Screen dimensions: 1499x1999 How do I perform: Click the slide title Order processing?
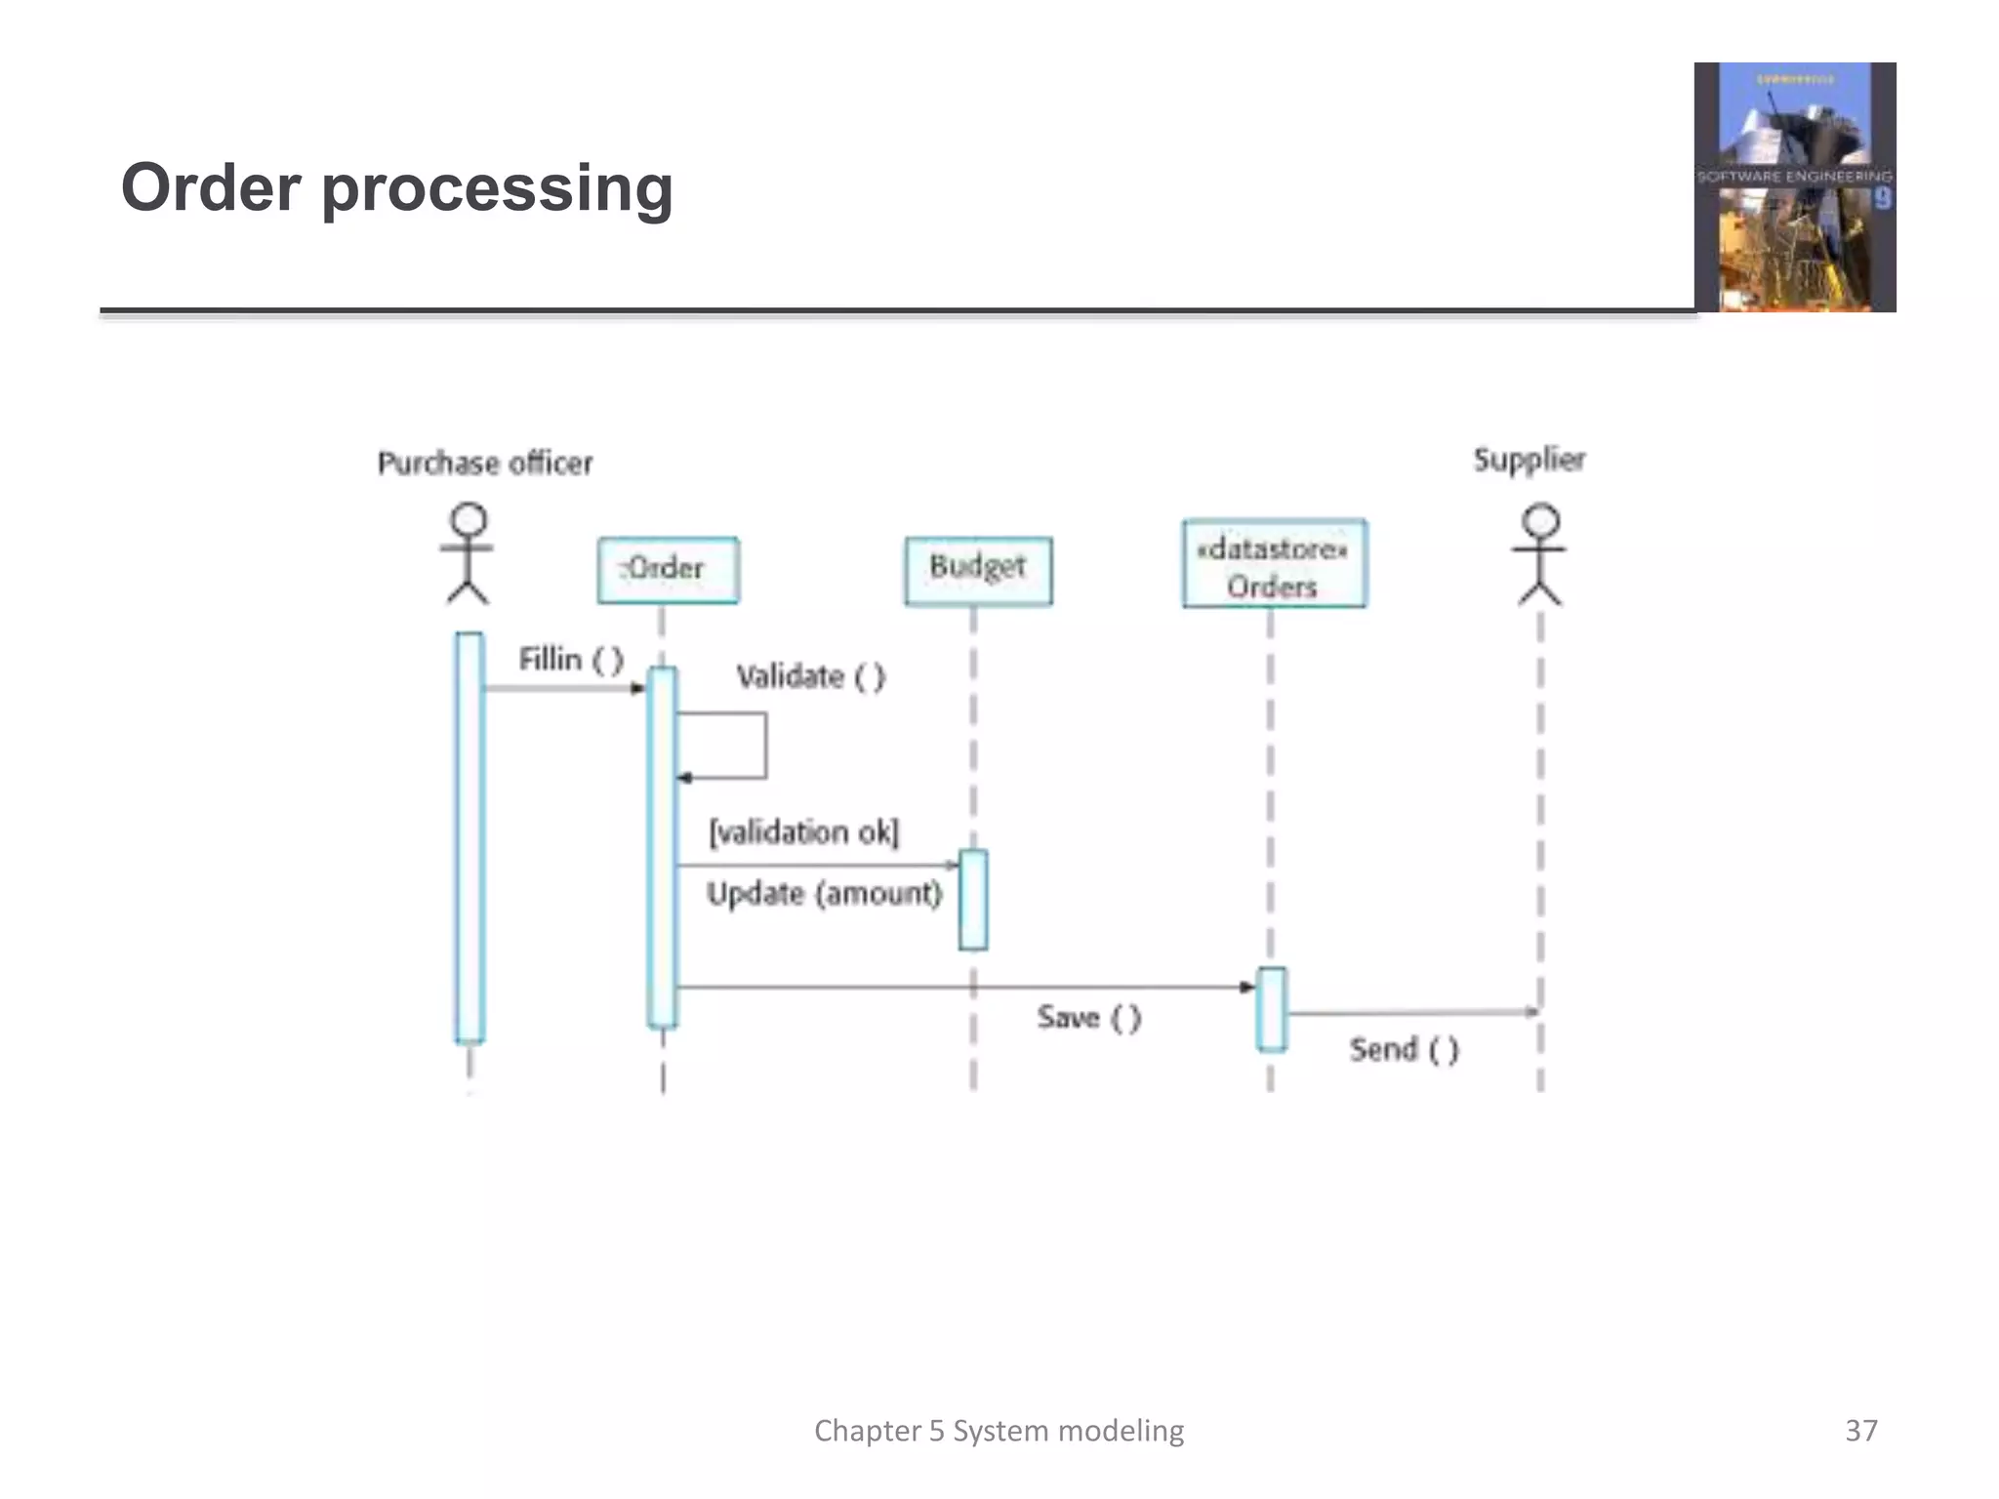(396, 187)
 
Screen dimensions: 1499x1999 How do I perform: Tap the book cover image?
(1794, 187)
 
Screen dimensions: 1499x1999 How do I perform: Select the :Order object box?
(668, 570)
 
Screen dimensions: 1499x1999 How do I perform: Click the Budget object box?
(978, 570)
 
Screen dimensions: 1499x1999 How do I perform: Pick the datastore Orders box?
(1274, 564)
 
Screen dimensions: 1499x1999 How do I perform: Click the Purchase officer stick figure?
(468, 553)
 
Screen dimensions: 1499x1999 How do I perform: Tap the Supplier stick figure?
(1540, 554)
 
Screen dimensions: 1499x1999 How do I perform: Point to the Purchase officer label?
(485, 463)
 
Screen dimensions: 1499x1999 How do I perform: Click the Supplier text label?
(1529, 459)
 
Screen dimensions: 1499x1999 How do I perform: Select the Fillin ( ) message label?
(570, 660)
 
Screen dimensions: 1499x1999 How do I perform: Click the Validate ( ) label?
(810, 676)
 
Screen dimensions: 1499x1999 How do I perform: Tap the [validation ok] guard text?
(803, 832)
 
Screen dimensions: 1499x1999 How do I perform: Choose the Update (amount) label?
(824, 893)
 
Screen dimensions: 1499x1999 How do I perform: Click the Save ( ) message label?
(1088, 1018)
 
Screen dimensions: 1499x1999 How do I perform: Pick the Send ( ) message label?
(1404, 1050)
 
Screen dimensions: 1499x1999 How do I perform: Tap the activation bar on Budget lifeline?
(973, 900)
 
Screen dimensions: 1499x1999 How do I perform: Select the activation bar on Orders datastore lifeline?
(1271, 1009)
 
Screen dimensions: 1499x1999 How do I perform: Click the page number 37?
(1860, 1431)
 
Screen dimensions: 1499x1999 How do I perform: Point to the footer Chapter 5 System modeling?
(999, 1431)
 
